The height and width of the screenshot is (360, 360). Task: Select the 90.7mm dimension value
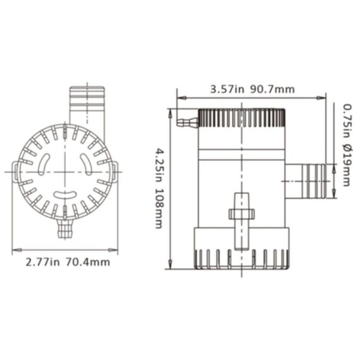pyautogui.click(x=272, y=89)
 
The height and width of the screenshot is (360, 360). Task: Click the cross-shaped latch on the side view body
pyautogui.click(x=241, y=213)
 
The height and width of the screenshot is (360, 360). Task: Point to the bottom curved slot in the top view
pyautogui.click(x=64, y=195)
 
